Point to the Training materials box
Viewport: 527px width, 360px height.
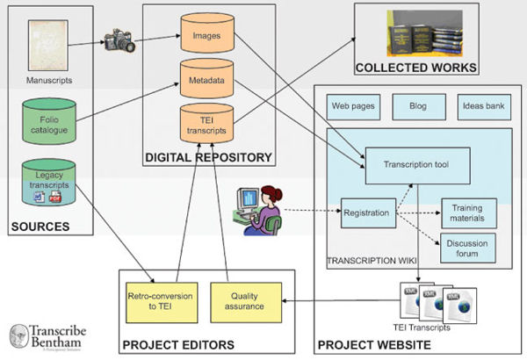pyautogui.click(x=468, y=212)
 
